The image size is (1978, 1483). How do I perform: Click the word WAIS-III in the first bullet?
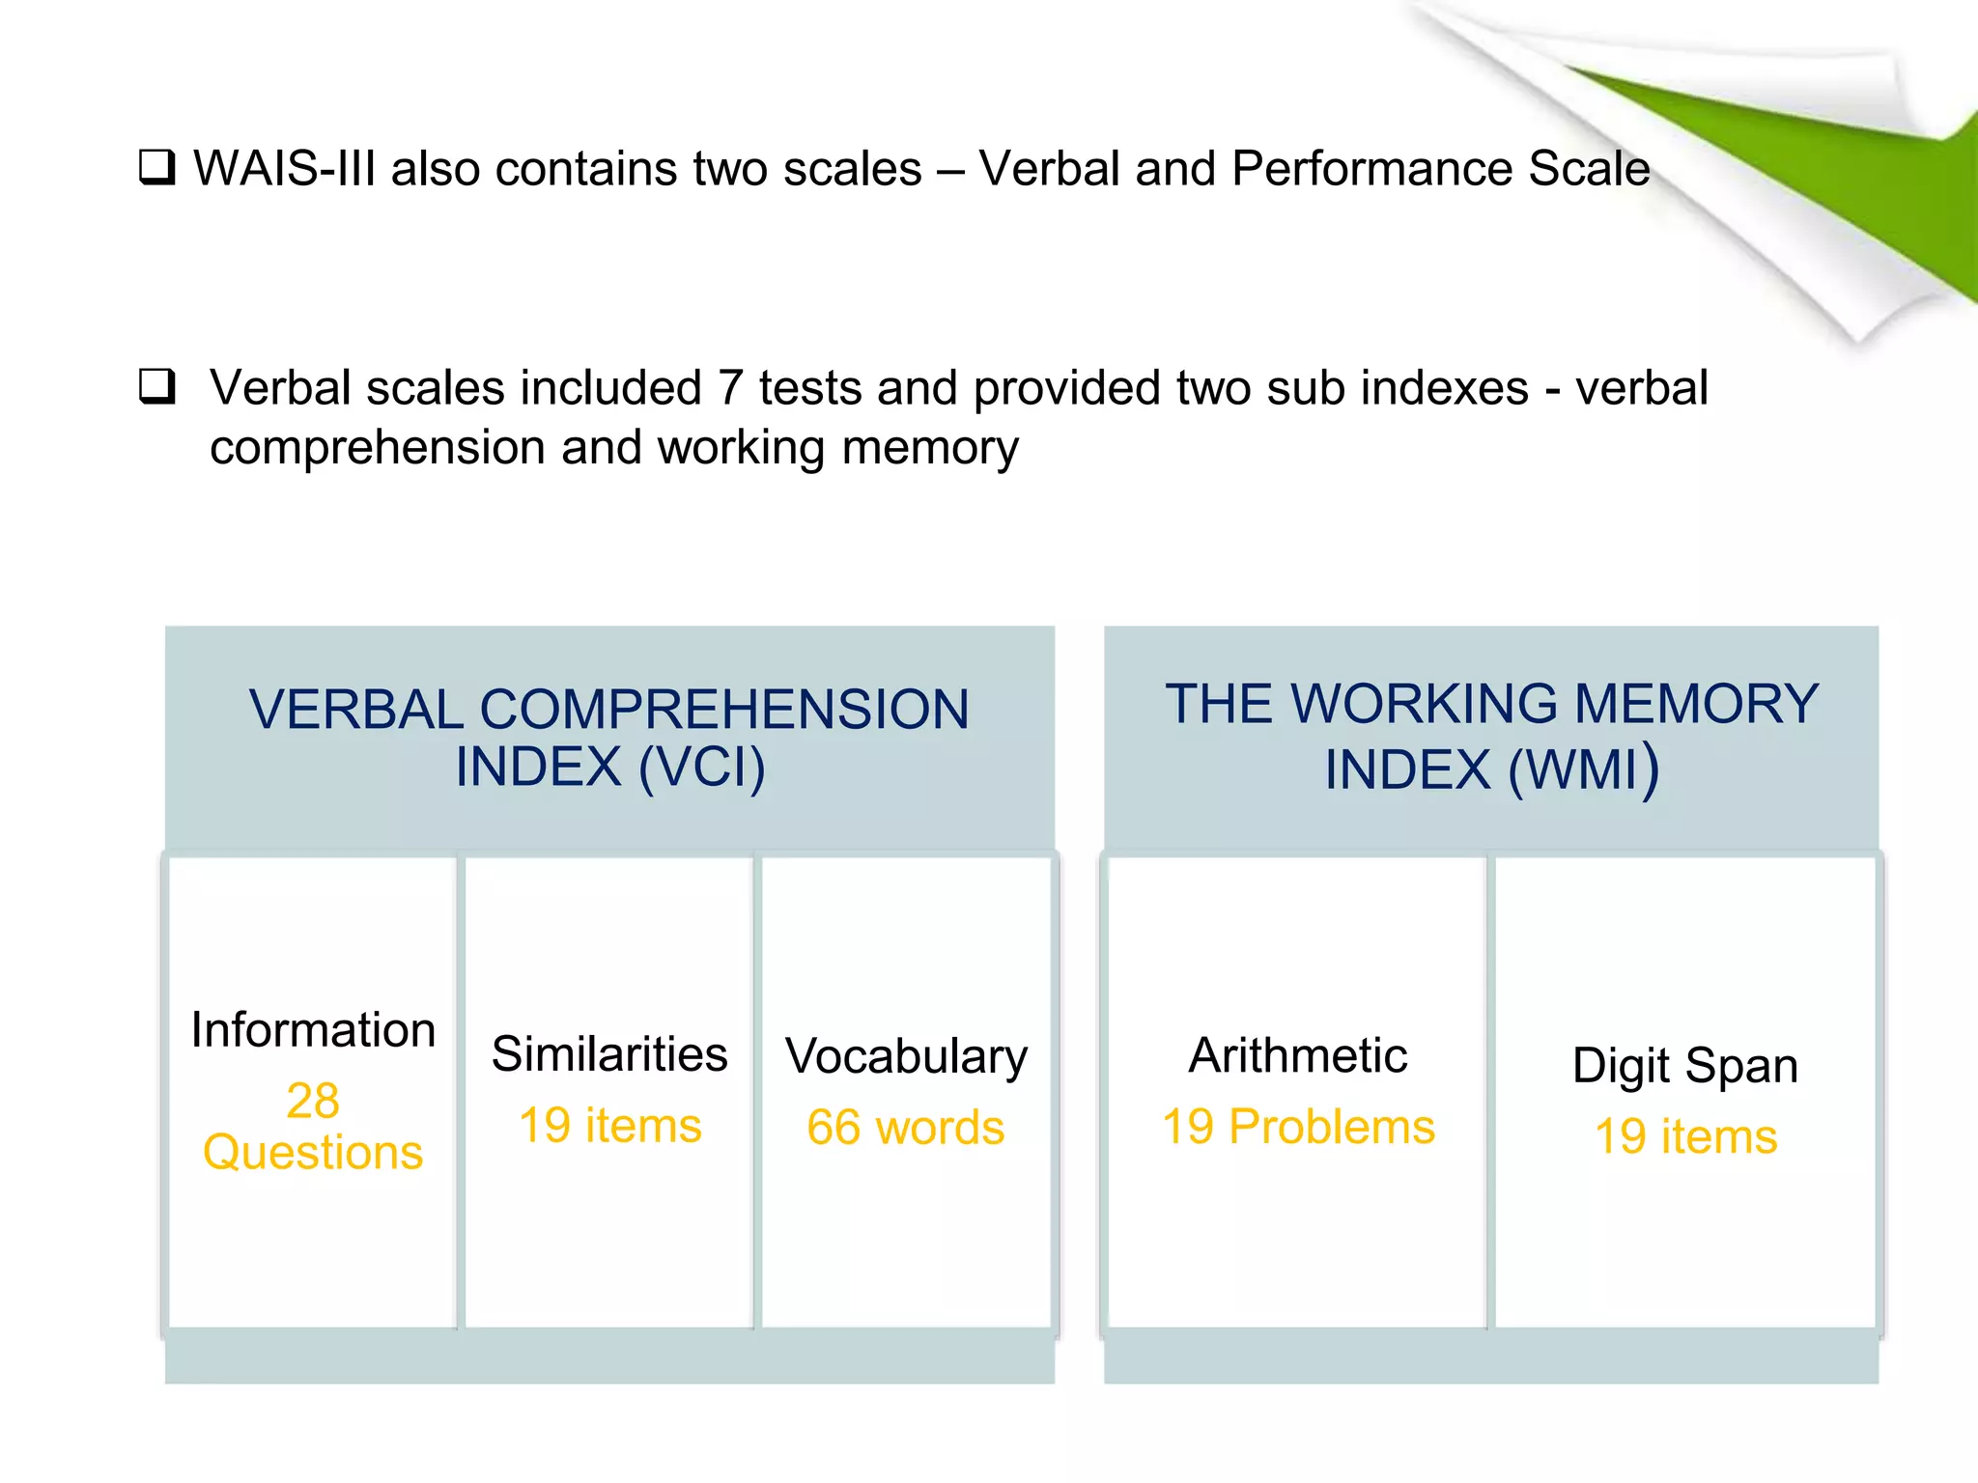(283, 169)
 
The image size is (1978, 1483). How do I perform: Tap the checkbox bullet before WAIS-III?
(157, 168)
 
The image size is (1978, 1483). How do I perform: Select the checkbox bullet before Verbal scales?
(157, 387)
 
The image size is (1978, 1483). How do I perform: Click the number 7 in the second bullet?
(730, 388)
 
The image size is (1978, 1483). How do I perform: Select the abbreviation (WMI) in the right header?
(1584, 769)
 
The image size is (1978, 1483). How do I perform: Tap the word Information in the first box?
(313, 1030)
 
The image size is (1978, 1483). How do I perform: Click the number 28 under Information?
(313, 1101)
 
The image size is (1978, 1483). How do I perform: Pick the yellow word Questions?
(313, 1153)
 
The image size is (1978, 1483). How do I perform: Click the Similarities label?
(609, 1054)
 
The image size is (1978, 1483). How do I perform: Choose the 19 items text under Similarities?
(609, 1126)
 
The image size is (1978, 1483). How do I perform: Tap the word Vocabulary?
(906, 1056)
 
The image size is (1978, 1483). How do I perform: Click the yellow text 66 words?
(906, 1128)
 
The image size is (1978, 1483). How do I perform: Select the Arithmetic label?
(1298, 1055)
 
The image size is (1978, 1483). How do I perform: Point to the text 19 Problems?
(1298, 1127)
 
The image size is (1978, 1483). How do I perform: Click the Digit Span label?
(1685, 1066)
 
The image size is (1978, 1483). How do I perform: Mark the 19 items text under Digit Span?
(1685, 1136)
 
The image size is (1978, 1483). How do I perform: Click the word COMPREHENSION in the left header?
(724, 710)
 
